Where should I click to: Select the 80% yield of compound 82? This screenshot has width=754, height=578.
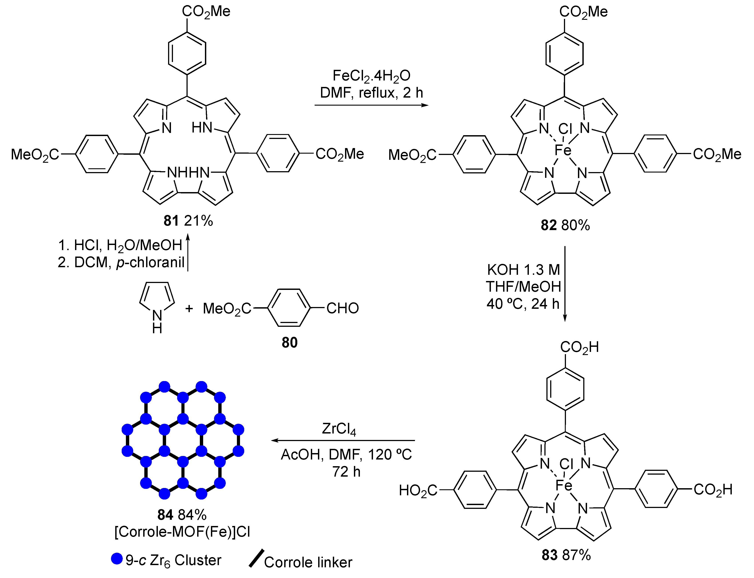pos(575,225)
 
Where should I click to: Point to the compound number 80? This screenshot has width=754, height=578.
pos(289,342)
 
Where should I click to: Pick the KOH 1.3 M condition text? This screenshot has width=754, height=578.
pos(523,270)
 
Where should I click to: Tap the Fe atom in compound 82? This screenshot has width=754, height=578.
pos(563,150)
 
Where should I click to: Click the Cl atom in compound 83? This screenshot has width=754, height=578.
pos(566,464)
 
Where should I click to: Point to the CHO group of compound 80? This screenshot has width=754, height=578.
pos(342,308)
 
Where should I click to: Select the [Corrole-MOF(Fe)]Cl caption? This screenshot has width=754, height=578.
pos(182,532)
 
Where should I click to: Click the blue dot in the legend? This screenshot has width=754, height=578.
pos(117,559)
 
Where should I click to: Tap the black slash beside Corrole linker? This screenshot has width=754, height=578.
pos(256,558)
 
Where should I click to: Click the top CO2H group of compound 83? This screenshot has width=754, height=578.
pos(579,347)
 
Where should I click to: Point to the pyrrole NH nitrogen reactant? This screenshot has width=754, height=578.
pos(157,315)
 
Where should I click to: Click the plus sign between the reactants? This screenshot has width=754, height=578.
pos(189,309)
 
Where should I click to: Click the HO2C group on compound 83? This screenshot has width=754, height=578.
pos(418,490)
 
